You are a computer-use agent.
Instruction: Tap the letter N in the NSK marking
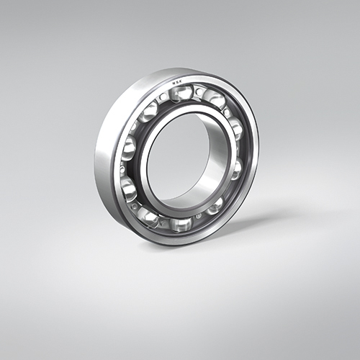[x=172, y=83]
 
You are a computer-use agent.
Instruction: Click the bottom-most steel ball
[x=181, y=223]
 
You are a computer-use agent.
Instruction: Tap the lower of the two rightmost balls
[x=236, y=168]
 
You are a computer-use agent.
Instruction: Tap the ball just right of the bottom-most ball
[x=215, y=205]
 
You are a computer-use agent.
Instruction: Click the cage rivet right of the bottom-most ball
[x=199, y=216]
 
